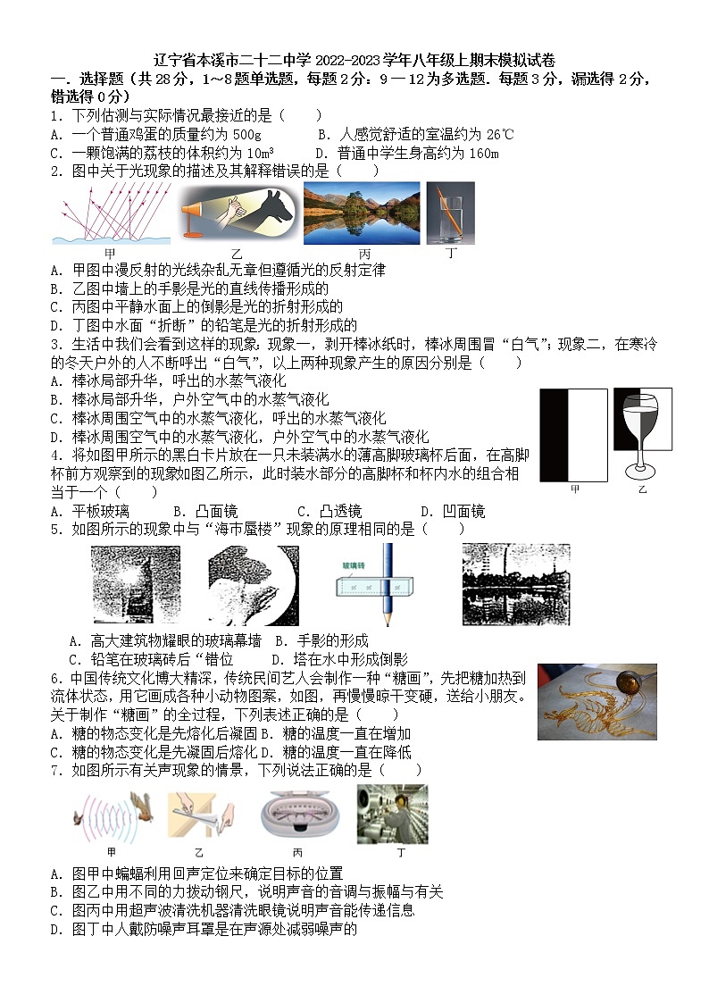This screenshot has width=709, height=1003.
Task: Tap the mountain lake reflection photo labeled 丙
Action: click(361, 213)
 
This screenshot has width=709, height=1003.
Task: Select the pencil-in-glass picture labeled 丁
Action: click(450, 213)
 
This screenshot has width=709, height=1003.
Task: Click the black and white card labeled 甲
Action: click(573, 434)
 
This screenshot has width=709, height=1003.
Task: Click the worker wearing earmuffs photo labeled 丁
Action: click(392, 814)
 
